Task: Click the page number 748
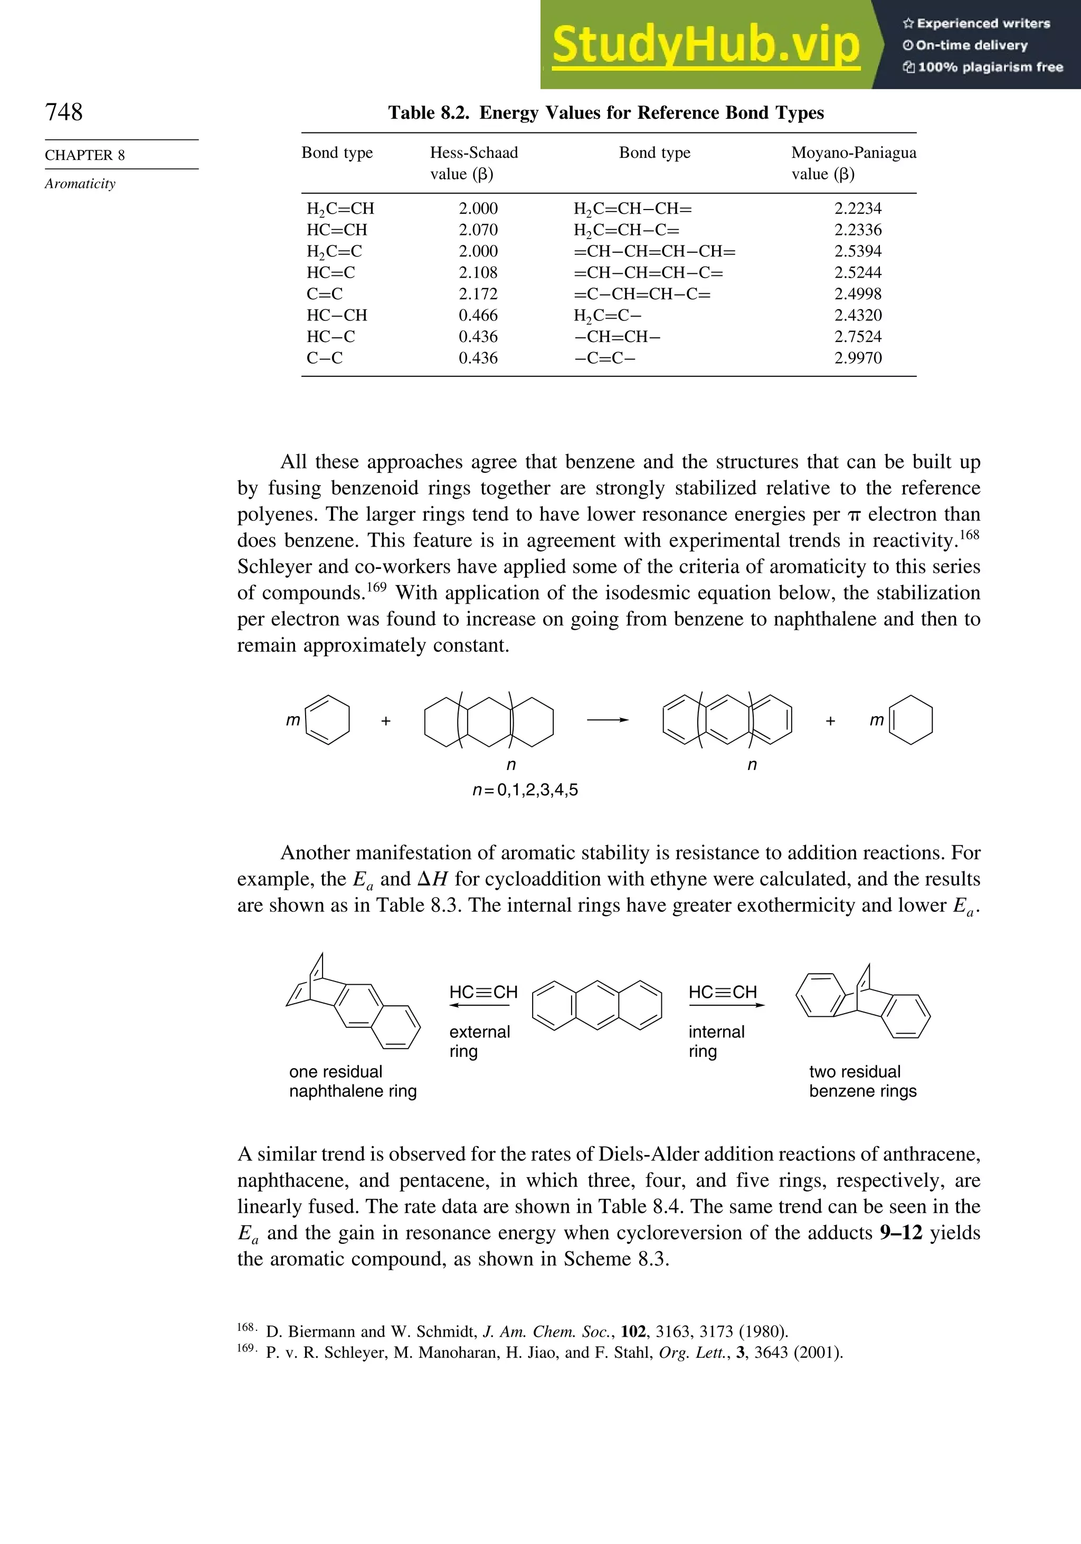tap(64, 112)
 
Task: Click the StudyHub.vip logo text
tap(706, 45)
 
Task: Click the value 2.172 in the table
tap(478, 294)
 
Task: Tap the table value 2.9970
tap(858, 358)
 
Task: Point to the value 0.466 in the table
tap(478, 316)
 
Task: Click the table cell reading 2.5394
tap(858, 252)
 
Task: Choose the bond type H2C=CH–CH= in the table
tap(632, 209)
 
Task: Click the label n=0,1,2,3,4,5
tap(525, 790)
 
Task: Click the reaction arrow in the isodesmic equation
tap(607, 720)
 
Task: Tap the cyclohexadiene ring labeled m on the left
tap(328, 720)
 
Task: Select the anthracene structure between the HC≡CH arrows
tap(596, 1005)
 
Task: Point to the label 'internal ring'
tap(716, 1041)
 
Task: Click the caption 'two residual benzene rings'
tap(862, 1081)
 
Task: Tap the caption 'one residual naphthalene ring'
tap(353, 1081)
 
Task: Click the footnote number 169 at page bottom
tap(245, 1348)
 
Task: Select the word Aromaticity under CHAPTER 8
tap(80, 184)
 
